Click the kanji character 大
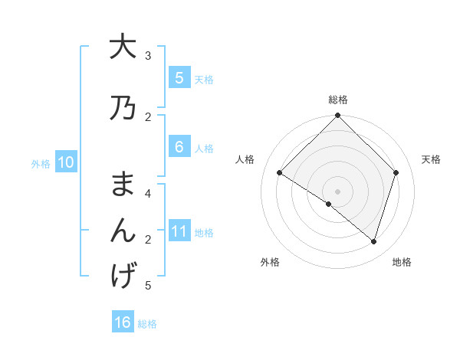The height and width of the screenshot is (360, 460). point(123,47)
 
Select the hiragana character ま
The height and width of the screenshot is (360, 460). point(123,185)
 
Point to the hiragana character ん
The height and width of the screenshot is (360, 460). point(123,231)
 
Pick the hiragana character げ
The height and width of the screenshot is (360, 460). point(123,276)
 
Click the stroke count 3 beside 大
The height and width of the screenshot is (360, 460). point(148,56)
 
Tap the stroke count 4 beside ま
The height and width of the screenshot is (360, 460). point(148,194)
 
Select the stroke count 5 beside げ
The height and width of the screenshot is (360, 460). point(148,286)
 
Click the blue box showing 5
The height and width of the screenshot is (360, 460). point(179,77)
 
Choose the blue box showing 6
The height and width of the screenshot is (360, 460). point(179,147)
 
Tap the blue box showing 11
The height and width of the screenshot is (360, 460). point(179,231)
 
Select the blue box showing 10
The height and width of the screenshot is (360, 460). point(66,162)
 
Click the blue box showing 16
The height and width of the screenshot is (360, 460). point(123,322)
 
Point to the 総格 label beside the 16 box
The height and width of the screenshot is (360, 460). point(147,324)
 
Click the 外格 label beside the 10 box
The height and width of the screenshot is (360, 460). point(41,163)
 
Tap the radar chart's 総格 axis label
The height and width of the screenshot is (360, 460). point(338,100)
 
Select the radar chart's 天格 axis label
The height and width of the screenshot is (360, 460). point(432,159)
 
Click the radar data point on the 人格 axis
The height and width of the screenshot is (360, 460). point(280,173)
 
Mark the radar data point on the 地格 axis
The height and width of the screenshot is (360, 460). point(373,241)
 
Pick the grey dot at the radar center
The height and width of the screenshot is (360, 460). point(338,191)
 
